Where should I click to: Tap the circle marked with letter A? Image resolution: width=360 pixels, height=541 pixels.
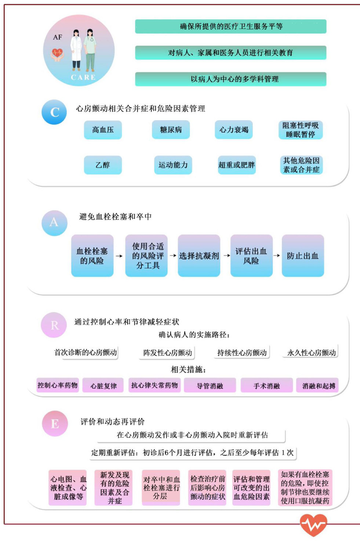54,222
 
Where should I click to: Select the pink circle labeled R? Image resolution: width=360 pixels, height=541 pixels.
54,325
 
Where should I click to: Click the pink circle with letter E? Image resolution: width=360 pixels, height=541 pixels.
55,423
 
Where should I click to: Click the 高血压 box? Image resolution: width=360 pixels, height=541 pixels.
103,130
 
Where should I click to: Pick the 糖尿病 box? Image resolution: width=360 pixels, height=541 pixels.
171,130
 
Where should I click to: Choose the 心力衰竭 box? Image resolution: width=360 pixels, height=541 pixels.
234,130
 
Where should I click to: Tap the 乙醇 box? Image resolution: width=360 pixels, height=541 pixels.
103,165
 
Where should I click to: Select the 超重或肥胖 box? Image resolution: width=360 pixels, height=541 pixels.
236,165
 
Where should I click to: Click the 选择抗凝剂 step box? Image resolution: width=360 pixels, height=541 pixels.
199,256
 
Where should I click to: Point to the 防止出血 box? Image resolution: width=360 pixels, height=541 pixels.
303,256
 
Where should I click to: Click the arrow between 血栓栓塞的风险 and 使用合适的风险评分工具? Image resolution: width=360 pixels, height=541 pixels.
119,256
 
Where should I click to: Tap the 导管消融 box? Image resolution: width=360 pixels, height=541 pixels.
210,386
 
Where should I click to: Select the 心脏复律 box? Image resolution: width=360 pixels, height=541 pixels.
103,386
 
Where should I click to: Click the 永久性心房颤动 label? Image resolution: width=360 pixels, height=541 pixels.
311,353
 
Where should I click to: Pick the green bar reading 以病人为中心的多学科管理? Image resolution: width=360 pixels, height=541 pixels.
230,79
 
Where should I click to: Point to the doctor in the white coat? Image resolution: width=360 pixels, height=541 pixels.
76,50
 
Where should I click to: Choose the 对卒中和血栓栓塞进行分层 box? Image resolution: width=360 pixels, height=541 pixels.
161,487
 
